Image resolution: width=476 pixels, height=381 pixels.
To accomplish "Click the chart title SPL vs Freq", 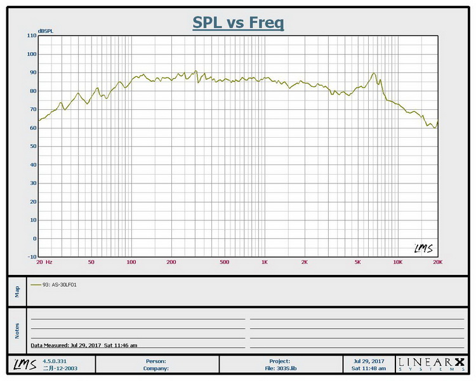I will [238, 23].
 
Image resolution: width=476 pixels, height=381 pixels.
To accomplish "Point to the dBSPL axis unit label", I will [46, 30].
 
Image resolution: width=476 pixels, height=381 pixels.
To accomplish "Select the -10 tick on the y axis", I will [32, 257].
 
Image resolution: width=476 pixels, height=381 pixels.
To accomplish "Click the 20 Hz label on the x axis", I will [44, 262].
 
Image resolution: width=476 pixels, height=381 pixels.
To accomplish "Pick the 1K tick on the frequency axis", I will [264, 262].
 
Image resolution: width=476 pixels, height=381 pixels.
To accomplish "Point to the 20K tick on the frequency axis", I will [437, 262].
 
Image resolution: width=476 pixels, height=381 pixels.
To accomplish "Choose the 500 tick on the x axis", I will [224, 262].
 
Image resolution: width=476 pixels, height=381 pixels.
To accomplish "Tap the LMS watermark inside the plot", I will [423, 248].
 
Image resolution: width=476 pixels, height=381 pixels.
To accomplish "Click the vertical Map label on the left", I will [17, 291].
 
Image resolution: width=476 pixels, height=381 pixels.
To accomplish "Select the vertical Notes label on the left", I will [17, 330].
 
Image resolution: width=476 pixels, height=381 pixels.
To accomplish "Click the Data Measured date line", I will [84, 345].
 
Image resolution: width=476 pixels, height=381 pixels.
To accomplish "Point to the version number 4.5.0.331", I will [53, 361].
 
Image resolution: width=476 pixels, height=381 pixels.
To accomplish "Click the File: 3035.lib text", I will [280, 368].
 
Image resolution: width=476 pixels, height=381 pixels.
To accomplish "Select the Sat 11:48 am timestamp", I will [369, 368].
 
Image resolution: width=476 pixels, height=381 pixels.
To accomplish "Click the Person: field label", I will [155, 361].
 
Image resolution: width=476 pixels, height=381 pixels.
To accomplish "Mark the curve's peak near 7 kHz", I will [374, 73].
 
